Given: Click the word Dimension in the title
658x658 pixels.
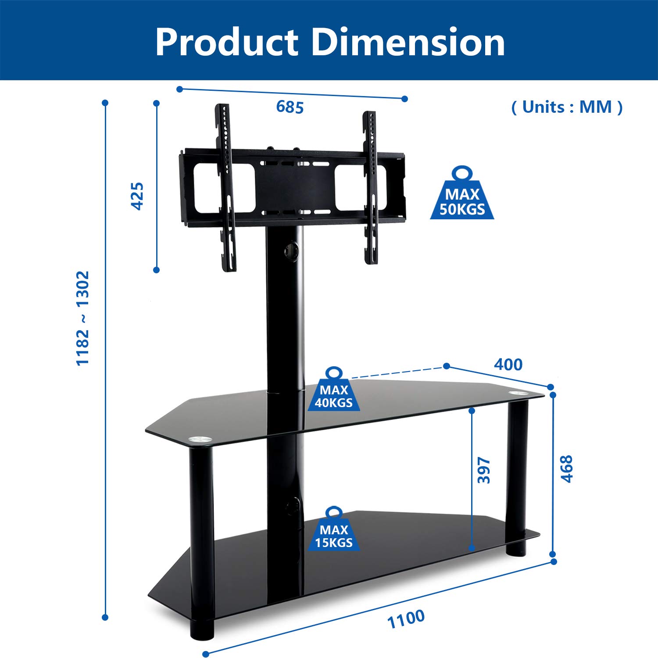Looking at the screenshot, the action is click(x=408, y=42).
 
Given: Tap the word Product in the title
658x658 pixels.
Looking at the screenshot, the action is click(x=227, y=42).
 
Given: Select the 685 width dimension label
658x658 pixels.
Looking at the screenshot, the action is click(x=290, y=107).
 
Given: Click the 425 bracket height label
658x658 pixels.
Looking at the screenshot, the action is click(x=138, y=196).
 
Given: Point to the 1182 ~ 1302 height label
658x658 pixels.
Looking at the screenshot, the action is click(x=83, y=318).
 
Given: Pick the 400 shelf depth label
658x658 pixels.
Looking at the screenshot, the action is click(x=508, y=365).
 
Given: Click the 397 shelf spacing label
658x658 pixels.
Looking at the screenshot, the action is click(x=484, y=470).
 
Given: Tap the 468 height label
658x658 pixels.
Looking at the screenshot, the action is click(x=567, y=469).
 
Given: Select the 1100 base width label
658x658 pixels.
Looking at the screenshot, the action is click(x=406, y=619).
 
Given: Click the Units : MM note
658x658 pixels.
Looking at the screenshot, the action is click(x=567, y=107).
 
